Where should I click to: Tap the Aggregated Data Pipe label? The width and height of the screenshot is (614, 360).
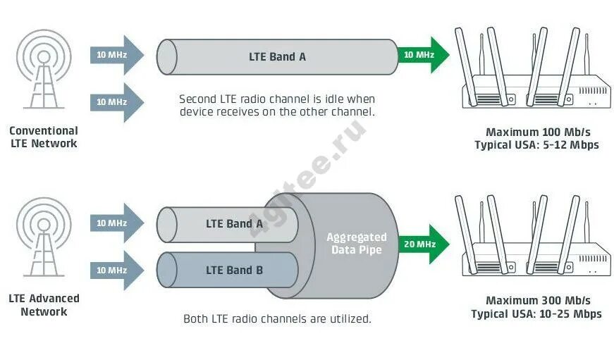click(x=356, y=243)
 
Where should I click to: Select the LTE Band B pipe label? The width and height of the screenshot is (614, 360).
click(x=234, y=270)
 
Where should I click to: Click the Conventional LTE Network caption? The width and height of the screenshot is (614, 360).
click(x=44, y=137)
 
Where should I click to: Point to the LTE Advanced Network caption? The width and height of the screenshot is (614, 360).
click(x=44, y=304)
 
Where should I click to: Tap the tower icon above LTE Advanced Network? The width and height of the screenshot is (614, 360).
click(x=44, y=236)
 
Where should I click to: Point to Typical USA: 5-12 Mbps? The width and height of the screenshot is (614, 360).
click(x=536, y=145)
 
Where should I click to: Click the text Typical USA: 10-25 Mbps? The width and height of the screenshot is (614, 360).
click(x=536, y=314)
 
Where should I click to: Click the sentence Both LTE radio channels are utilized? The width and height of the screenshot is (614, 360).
click(x=277, y=318)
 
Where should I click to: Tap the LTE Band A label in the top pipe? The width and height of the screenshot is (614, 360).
click(x=277, y=56)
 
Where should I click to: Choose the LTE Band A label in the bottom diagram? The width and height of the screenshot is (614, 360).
click(x=234, y=223)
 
